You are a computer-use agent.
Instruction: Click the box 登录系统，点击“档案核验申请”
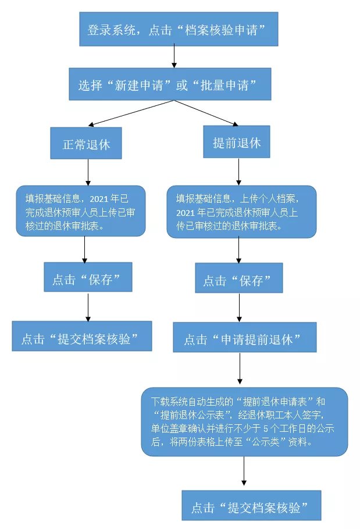(179, 29)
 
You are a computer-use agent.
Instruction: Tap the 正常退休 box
(86, 143)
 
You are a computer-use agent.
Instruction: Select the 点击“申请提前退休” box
(244, 338)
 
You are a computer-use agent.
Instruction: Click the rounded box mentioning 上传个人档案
(241, 211)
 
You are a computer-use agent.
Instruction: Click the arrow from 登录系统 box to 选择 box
(173, 57)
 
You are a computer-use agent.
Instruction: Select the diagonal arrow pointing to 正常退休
(131, 113)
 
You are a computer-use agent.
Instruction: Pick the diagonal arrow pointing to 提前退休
(206, 113)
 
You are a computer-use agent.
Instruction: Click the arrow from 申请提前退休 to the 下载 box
(240, 369)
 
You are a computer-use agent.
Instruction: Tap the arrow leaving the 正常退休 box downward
(87, 172)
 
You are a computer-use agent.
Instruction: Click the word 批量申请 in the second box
(224, 85)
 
